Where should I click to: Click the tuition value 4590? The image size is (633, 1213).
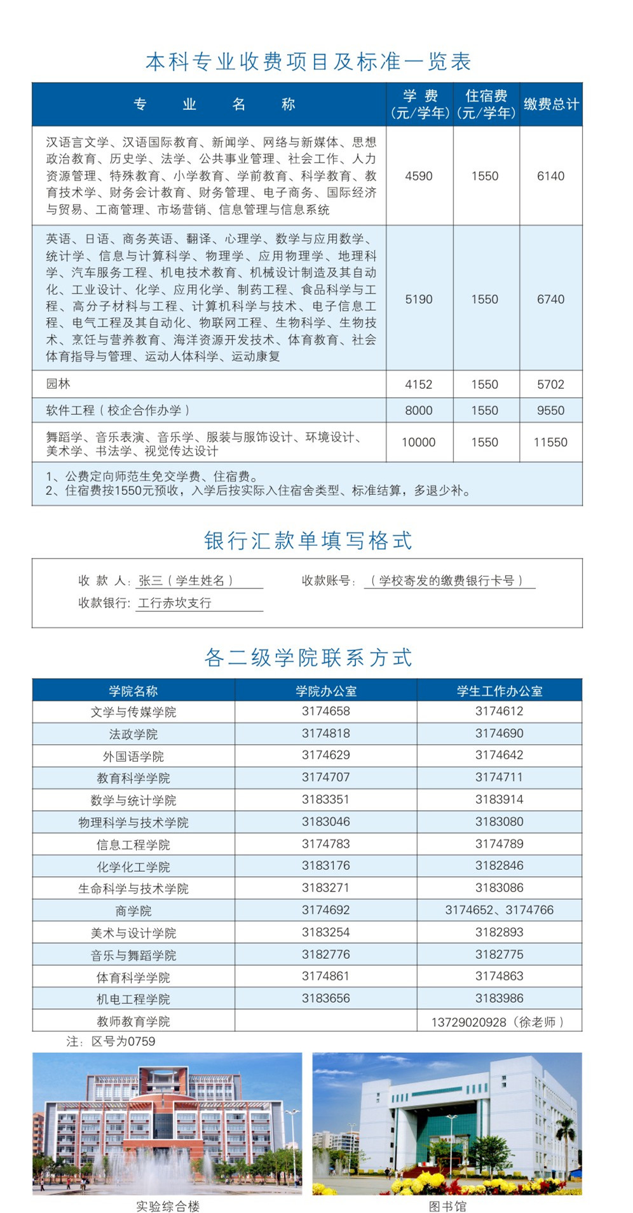pyautogui.click(x=419, y=176)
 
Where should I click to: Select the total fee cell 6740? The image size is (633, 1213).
pyautogui.click(x=550, y=299)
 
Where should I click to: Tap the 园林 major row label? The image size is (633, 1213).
pyautogui.click(x=58, y=384)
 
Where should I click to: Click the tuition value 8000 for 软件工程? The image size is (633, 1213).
pyautogui.click(x=419, y=410)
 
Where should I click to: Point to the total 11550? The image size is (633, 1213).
pyautogui.click(x=550, y=442)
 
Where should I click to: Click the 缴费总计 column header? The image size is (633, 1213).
pyautogui.click(x=551, y=104)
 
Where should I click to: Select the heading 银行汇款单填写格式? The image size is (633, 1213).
pyautogui.click(x=308, y=541)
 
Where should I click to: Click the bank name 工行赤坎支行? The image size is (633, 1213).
pyautogui.click(x=175, y=603)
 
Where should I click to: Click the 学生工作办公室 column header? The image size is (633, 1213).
pyautogui.click(x=500, y=691)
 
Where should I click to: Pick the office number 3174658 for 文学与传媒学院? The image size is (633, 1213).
pyautogui.click(x=325, y=711)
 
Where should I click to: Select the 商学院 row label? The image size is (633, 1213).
pyautogui.click(x=133, y=911)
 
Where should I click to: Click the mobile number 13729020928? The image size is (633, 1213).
pyautogui.click(x=469, y=1022)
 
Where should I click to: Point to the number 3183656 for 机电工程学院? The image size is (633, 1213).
pyautogui.click(x=325, y=998)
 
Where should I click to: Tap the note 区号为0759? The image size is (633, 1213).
pyautogui.click(x=111, y=1041)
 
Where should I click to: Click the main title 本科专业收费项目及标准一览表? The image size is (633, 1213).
pyautogui.click(x=308, y=62)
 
